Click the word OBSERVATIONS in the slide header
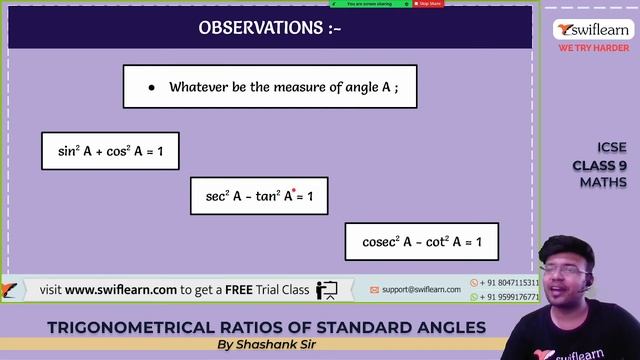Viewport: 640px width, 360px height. pos(260,28)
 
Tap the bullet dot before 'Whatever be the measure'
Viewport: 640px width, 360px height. pos(151,87)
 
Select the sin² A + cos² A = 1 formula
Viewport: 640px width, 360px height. pos(110,151)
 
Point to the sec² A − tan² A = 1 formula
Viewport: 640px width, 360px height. pos(259,197)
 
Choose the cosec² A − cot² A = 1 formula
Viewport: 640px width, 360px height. pos(422,242)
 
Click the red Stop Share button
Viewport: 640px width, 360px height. pos(429,4)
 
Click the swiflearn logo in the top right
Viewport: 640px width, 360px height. pos(594,31)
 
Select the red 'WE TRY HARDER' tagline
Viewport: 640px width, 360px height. pos(594,48)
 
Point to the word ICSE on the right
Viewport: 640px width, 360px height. pos(611,148)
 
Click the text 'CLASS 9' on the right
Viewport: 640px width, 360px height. pos(600,165)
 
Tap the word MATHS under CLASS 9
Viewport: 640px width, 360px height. pos(603,182)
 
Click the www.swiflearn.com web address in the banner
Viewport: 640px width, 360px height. pos(121,289)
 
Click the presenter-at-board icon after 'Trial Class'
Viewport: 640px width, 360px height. pos(327,290)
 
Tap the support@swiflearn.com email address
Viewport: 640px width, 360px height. pos(421,290)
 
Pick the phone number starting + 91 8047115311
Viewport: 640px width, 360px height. pos(509,283)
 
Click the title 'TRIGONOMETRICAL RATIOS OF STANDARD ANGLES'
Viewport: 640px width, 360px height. pos(266,327)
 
